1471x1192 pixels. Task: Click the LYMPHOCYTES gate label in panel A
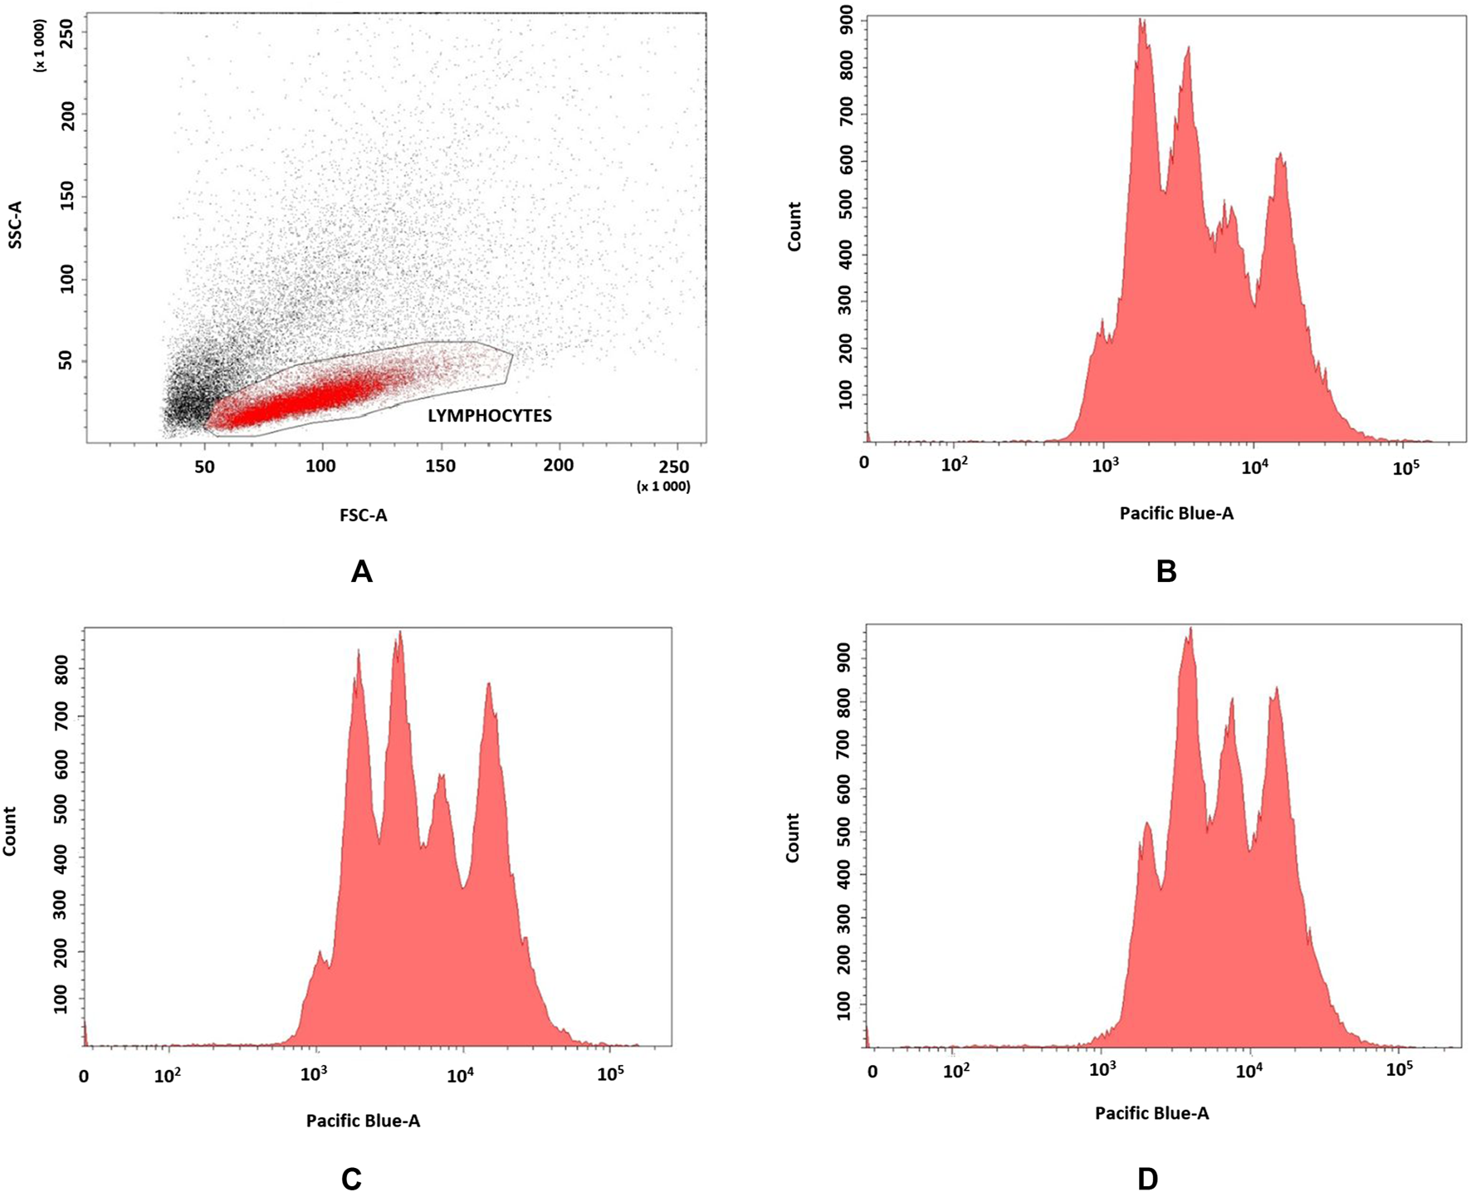pos(489,415)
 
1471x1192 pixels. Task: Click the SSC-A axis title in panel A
pos(15,224)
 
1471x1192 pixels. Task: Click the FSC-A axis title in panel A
pos(363,515)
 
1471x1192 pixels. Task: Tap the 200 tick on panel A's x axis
pos(558,466)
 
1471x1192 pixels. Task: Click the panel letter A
pos(361,572)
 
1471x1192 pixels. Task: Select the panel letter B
pos(1166,572)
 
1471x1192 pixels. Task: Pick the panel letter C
pos(351,1179)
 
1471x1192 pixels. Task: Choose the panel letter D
pos(1147,1179)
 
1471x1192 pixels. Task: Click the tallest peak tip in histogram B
pos(1142,20)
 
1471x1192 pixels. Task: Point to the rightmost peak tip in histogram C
pos(488,683)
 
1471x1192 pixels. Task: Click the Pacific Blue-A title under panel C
pos(363,1121)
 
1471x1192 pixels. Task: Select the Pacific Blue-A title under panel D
pos(1151,1114)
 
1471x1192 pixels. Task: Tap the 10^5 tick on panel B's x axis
pos(1405,467)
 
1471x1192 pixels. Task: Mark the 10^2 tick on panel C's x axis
pos(168,1076)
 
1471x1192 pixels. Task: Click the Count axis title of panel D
pos(793,838)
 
